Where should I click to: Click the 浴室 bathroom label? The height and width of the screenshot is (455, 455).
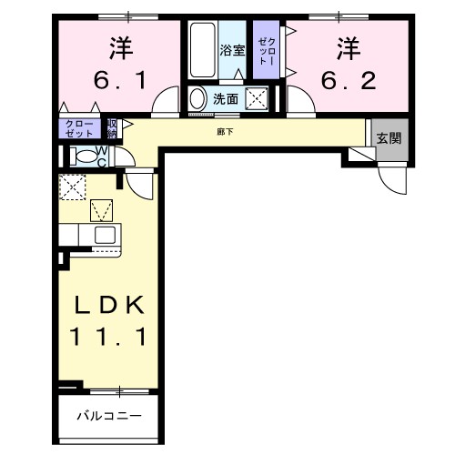tap(232, 50)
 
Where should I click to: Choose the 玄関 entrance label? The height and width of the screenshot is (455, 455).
tap(389, 138)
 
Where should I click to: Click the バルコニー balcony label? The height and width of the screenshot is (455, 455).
tap(108, 416)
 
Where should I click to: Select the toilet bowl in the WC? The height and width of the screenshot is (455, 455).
tap(86, 156)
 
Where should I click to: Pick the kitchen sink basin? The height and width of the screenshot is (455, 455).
tap(105, 236)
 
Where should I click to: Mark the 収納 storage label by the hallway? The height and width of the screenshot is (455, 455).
tap(112, 127)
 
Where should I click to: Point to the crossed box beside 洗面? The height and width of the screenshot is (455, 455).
tap(258, 99)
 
